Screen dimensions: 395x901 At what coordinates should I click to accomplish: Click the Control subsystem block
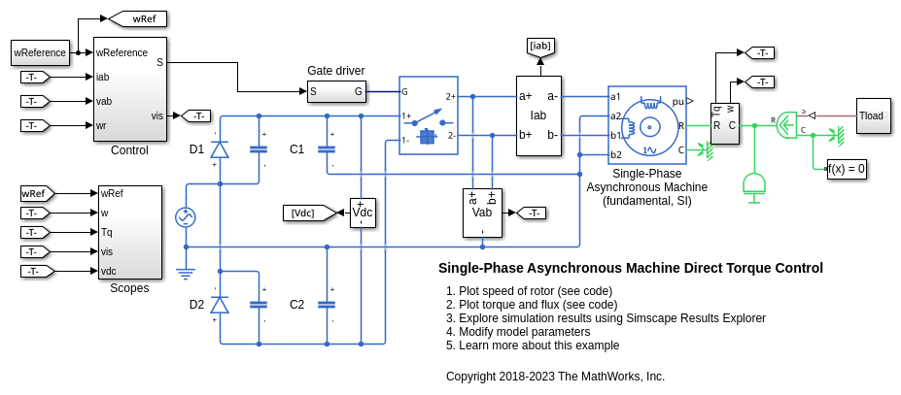point(130,89)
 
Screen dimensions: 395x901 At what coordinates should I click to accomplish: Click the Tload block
point(872,115)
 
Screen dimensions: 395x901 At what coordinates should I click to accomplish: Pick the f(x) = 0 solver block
point(847,168)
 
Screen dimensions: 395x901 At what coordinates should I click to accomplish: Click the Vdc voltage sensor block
point(363,213)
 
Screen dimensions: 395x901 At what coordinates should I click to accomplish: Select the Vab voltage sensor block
point(482,213)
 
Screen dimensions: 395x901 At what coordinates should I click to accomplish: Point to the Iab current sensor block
point(538,115)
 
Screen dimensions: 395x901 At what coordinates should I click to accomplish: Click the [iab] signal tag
point(539,46)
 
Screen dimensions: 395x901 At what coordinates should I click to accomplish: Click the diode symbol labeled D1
point(220,148)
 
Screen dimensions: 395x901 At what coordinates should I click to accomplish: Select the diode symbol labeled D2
point(220,305)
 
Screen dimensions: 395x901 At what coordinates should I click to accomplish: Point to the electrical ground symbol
point(185,274)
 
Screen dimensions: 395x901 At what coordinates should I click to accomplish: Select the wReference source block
point(40,52)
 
